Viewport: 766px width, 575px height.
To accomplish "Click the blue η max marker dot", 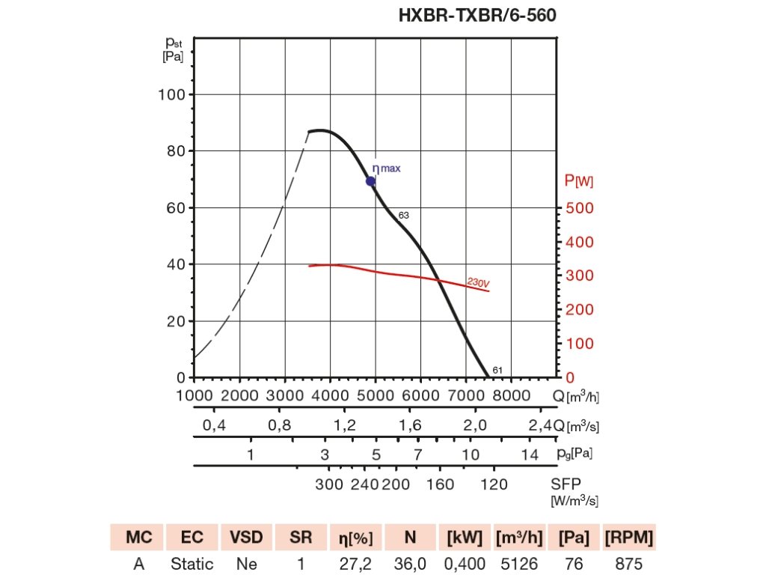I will click(x=370, y=181).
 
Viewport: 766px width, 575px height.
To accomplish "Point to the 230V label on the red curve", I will click(x=478, y=283).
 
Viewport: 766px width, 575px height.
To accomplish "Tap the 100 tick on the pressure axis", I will click(x=171, y=94).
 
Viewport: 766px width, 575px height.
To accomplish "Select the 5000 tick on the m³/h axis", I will click(x=376, y=395).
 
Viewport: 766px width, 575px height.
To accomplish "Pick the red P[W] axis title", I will click(x=579, y=180).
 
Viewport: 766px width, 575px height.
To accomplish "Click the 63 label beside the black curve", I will click(x=404, y=216).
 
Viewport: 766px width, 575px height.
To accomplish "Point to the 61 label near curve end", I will click(x=497, y=370).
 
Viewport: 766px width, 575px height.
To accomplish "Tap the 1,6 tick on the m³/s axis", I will click(x=410, y=426).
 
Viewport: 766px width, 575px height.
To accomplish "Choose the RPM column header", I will click(x=629, y=538).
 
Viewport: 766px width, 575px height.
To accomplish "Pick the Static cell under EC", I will click(x=191, y=564).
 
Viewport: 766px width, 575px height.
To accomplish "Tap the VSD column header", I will click(x=245, y=538).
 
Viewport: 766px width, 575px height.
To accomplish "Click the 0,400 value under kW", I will click(x=465, y=564).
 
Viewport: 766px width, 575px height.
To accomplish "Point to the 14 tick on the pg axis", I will click(x=530, y=454).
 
